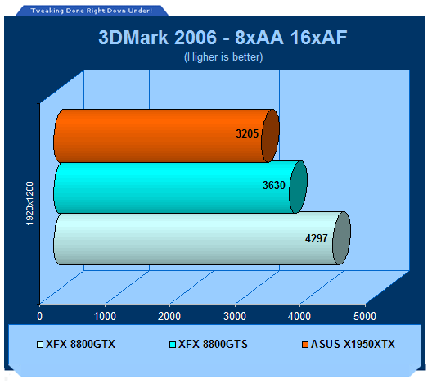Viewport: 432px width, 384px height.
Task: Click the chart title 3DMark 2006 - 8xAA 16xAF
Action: tap(223, 38)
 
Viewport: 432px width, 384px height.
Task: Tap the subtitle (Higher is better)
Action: tap(223, 57)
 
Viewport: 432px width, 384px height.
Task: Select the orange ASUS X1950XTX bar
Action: tap(166, 136)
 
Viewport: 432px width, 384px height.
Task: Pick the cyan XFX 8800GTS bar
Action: tap(180, 187)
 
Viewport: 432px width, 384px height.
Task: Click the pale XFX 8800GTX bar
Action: tap(202, 238)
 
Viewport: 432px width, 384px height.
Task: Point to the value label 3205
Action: tap(247, 133)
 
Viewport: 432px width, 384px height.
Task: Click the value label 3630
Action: tap(274, 185)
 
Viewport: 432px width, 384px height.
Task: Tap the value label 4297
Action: tap(317, 238)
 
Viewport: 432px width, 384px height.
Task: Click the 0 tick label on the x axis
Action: tap(39, 316)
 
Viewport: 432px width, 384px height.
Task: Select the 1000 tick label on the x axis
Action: tap(105, 316)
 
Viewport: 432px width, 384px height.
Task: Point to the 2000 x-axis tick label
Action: tap(169, 316)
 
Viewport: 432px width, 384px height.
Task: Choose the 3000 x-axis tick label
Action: tap(235, 316)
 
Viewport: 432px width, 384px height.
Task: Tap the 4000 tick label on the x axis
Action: tap(299, 316)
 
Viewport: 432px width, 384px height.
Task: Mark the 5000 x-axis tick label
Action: tap(365, 316)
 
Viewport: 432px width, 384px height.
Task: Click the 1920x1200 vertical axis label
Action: tap(29, 203)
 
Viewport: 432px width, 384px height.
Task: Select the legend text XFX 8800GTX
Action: tap(80, 345)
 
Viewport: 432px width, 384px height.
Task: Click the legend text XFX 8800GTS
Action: tap(213, 345)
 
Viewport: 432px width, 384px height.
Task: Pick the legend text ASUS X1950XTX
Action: tap(353, 345)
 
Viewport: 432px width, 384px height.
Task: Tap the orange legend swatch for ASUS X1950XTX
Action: tap(305, 345)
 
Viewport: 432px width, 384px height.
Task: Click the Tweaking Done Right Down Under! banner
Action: tap(92, 11)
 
